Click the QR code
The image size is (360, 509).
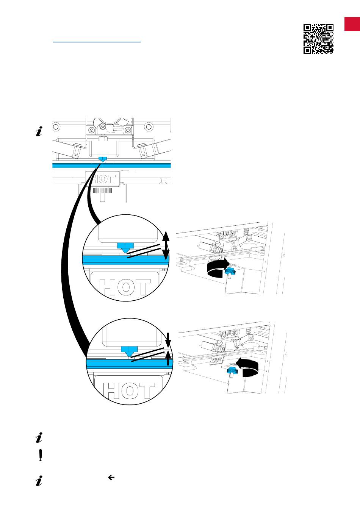318,39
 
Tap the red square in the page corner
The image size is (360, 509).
352,24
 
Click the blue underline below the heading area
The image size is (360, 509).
97,42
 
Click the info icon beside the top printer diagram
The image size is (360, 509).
39,131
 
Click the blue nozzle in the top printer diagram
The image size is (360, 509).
103,159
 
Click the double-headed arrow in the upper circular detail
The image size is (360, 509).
166,245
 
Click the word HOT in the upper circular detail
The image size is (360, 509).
125,287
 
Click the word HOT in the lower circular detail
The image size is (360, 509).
129,390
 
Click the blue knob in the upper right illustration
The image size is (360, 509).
230,271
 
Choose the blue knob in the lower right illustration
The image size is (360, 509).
232,371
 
